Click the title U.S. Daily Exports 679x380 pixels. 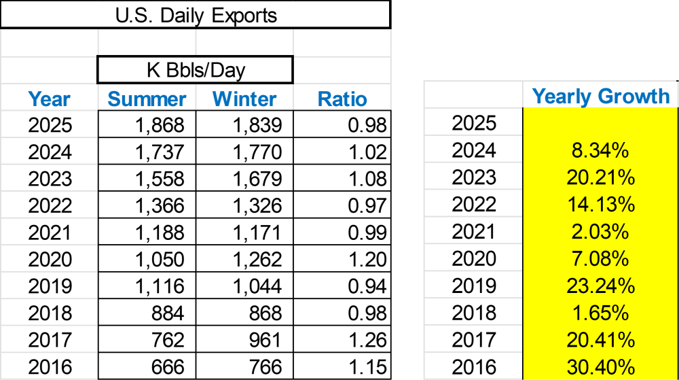click(196, 16)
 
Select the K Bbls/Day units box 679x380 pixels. click(196, 70)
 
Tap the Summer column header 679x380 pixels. click(147, 99)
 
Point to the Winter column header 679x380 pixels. click(244, 99)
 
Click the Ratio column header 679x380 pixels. click(342, 99)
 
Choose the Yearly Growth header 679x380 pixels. click(601, 97)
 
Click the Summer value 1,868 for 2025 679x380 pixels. click(160, 125)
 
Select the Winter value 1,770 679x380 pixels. click(257, 152)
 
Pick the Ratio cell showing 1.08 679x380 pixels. click(367, 179)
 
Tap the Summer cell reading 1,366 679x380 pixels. click(160, 206)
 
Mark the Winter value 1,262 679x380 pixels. click(257, 260)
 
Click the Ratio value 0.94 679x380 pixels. click(367, 286)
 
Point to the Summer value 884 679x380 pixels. click(168, 313)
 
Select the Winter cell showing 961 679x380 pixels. click(265, 340)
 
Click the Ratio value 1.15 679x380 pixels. click(367, 367)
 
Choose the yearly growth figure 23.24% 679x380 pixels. click(601, 286)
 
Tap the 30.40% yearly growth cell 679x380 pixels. click(601, 368)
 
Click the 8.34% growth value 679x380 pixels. click(601, 150)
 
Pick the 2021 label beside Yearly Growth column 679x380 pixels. click(474, 232)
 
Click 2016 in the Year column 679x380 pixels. click(50, 367)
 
